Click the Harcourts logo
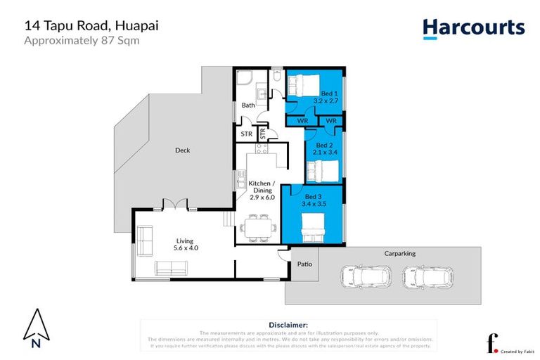pyautogui.click(x=473, y=27)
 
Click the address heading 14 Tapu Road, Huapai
pyautogui.click(x=91, y=25)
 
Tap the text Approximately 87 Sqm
pyautogui.click(x=82, y=40)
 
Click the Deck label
pyautogui.click(x=182, y=150)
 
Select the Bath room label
pyautogui.click(x=248, y=105)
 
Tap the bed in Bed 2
pyautogui.click(x=321, y=169)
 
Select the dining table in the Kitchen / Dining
pyautogui.click(x=255, y=228)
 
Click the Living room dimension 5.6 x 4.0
pyautogui.click(x=186, y=247)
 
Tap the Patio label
pyautogui.click(x=304, y=264)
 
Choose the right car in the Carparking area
pyautogui.click(x=428, y=276)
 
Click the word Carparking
pyautogui.click(x=399, y=253)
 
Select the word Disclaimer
pyautogui.click(x=288, y=325)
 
